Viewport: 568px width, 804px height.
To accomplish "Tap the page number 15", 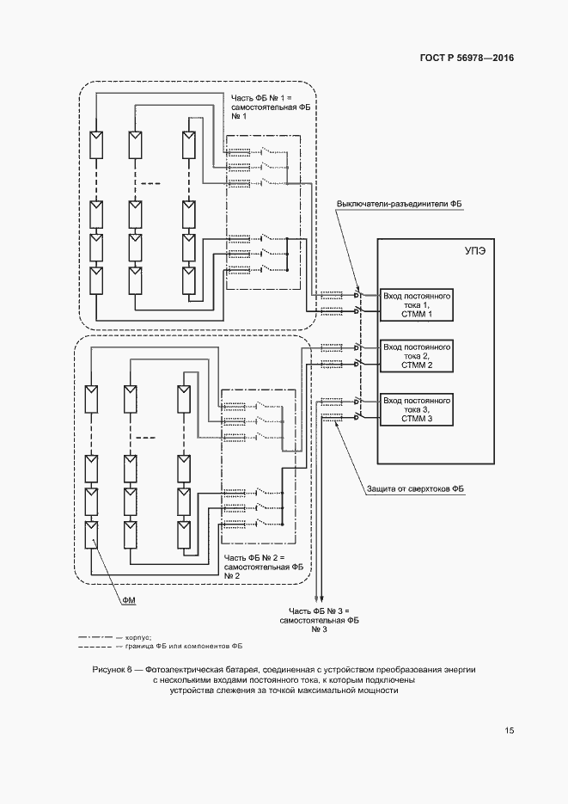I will [x=510, y=731].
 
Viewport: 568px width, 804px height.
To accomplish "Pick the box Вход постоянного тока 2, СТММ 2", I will [x=417, y=355].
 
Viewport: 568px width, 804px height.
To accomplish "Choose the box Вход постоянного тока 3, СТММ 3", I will [x=417, y=408].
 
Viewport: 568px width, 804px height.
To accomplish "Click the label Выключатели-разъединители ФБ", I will [x=399, y=204].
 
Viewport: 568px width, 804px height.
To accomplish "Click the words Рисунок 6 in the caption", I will [x=112, y=668].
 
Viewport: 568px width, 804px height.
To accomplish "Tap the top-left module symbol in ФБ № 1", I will [x=97, y=141].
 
